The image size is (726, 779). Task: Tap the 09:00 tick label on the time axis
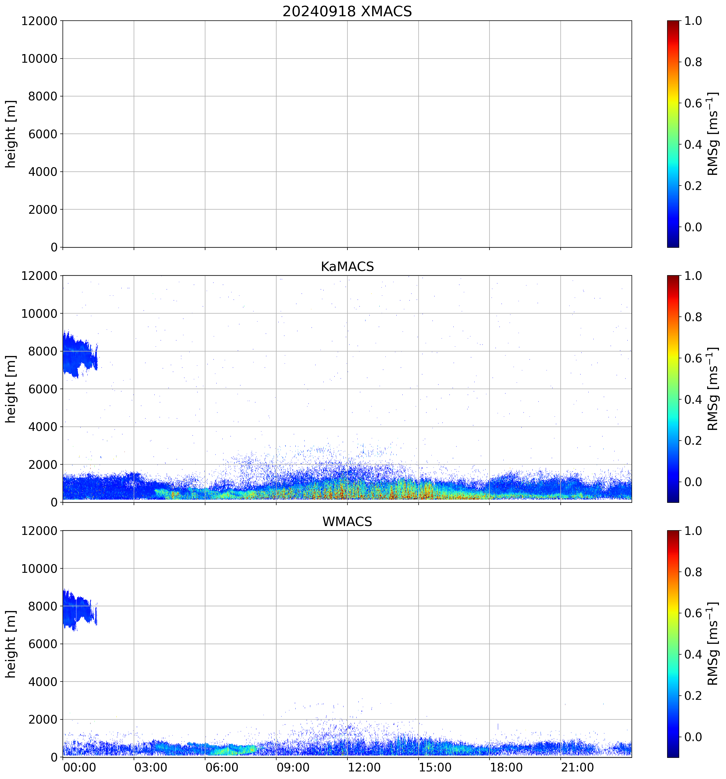coord(292,767)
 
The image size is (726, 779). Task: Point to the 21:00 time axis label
coord(577,767)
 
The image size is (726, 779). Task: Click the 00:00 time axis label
coord(80,767)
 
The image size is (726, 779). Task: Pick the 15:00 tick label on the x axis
coord(435,767)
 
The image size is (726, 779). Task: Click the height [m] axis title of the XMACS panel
coord(10,134)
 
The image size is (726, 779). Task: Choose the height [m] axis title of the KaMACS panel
coord(10,389)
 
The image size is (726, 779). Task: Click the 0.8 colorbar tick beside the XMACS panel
coord(693,62)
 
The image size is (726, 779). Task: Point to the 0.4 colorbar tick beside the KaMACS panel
coord(693,400)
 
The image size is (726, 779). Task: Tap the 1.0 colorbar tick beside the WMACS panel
coord(693,531)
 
